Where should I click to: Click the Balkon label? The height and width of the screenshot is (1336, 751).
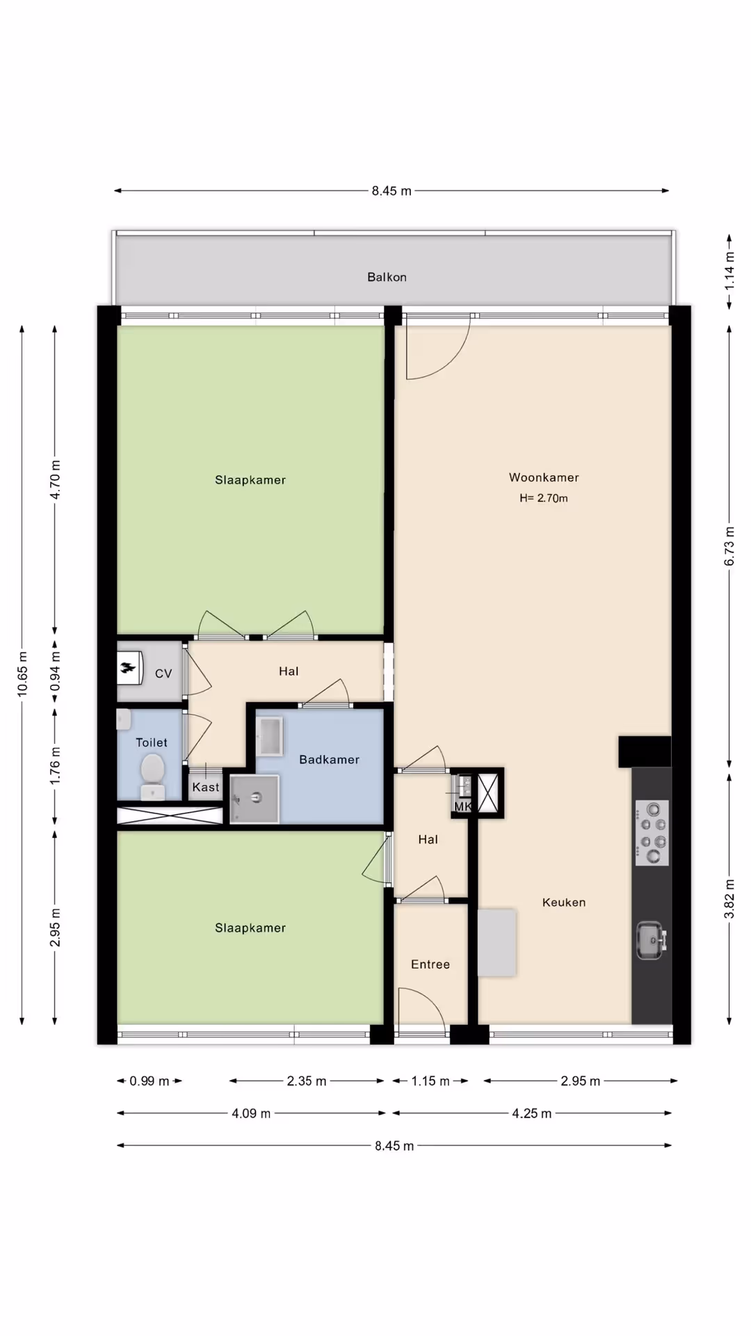387,277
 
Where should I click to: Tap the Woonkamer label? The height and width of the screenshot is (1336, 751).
544,477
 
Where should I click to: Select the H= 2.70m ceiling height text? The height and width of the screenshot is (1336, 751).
544,498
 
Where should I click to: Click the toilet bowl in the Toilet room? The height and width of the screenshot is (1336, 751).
152,777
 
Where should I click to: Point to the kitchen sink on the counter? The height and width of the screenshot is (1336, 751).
652,940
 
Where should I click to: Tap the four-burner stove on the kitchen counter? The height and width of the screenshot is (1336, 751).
652,833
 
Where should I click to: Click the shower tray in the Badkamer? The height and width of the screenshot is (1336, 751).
255,799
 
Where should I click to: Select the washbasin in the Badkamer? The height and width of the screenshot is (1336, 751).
270,736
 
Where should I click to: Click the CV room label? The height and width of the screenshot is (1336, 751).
163,674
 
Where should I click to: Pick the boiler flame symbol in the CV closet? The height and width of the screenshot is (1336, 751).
129,668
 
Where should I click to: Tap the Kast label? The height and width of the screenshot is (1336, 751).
206,787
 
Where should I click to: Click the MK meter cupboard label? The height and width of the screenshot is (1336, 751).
463,806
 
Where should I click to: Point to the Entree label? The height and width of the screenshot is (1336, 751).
430,964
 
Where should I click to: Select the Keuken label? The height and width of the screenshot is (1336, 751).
564,902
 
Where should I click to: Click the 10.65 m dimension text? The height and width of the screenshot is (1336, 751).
22,674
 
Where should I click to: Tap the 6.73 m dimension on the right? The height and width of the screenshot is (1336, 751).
729,546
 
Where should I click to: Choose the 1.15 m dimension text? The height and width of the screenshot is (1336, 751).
430,1081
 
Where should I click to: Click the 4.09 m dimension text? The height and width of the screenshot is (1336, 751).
251,1113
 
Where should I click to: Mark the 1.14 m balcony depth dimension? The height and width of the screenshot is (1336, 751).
729,272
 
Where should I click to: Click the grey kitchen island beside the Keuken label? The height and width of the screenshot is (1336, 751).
497,943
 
